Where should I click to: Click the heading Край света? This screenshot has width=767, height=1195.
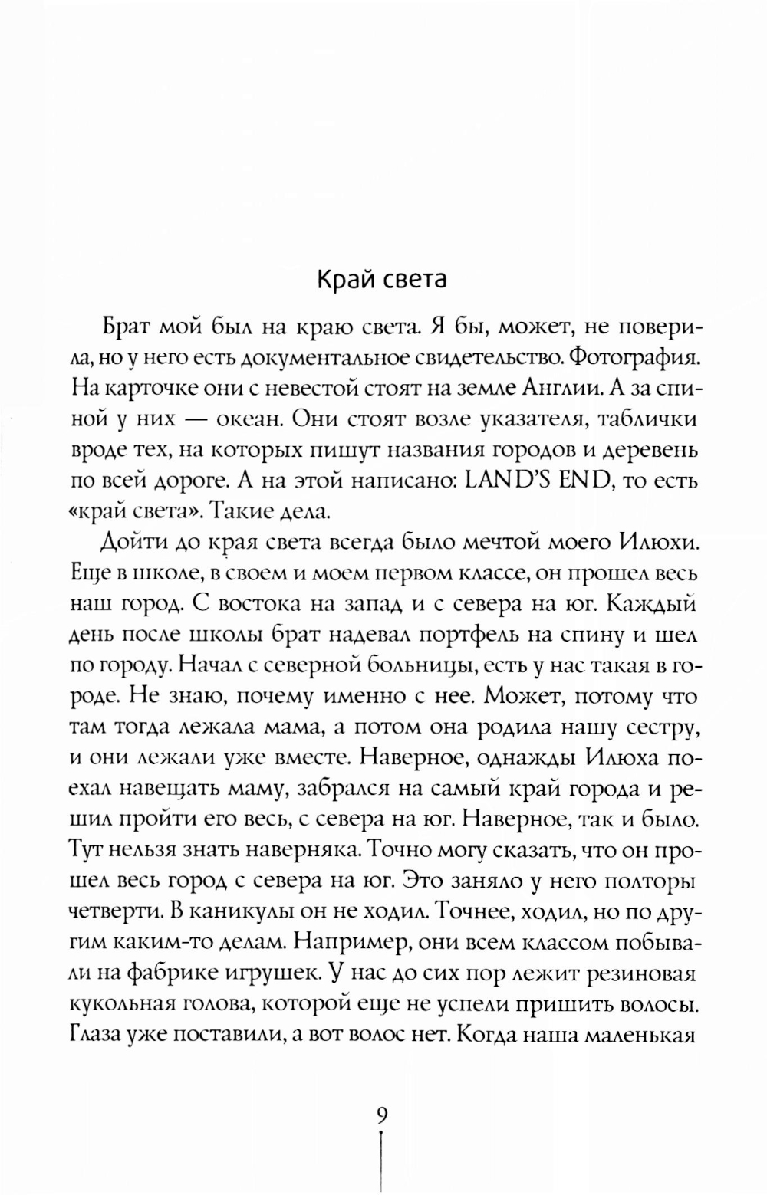tap(382, 280)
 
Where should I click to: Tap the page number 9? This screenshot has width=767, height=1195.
tap(382, 1114)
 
